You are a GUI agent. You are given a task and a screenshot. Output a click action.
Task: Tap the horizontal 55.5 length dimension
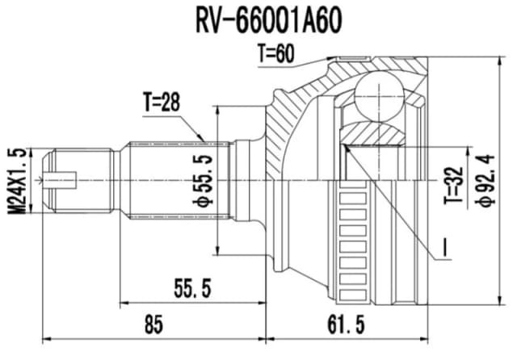coord(193,286)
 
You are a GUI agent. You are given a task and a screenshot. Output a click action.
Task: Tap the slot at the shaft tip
coord(60,179)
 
